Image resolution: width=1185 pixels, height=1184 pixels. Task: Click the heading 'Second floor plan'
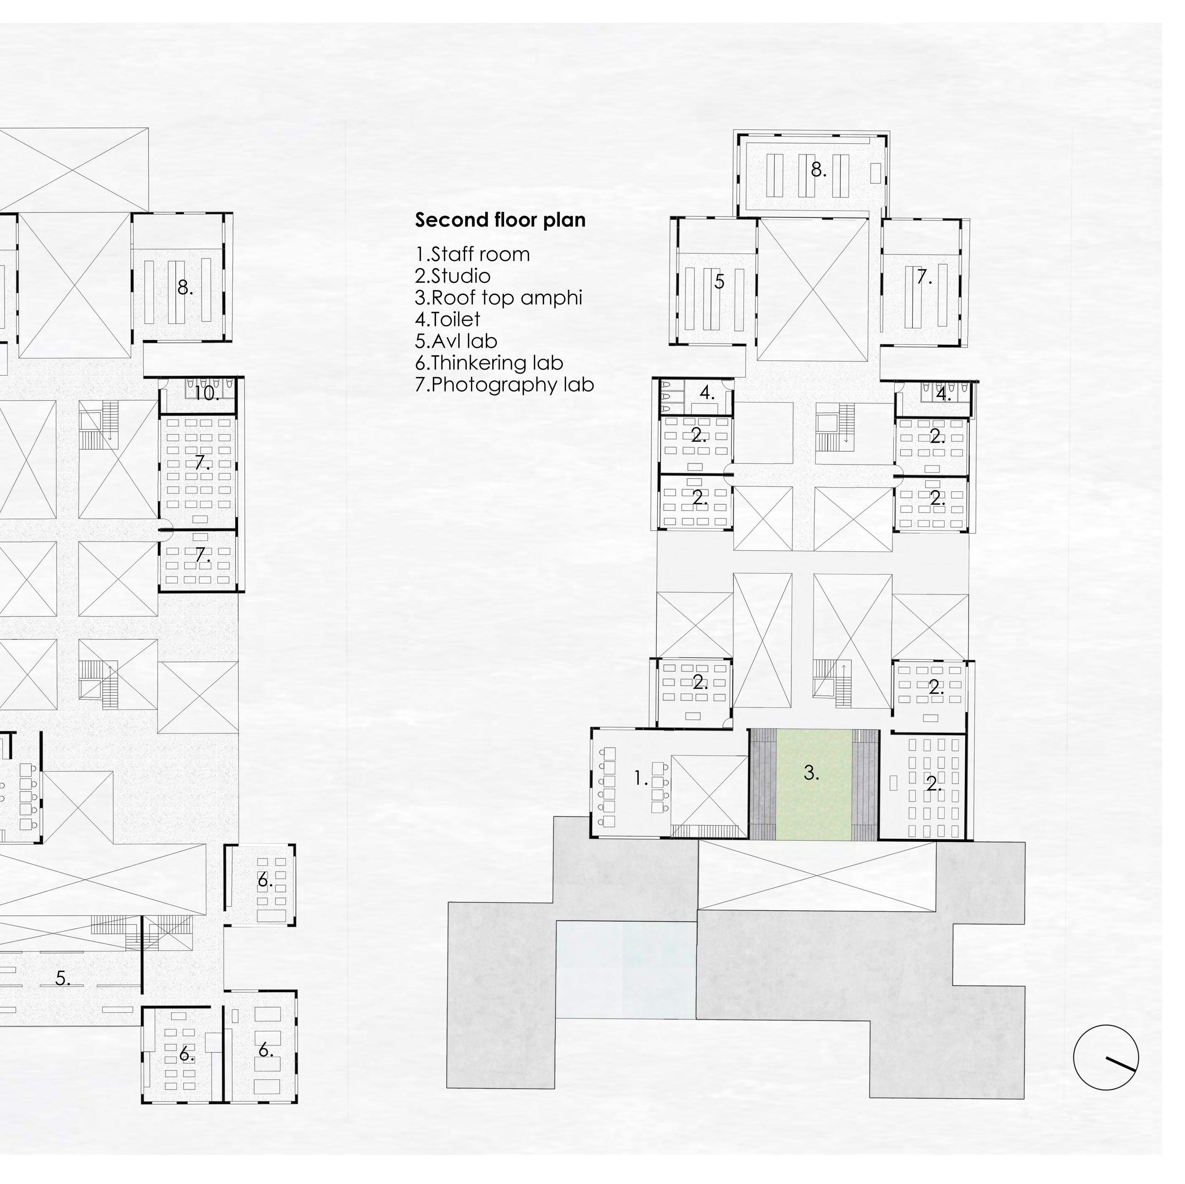coord(500,220)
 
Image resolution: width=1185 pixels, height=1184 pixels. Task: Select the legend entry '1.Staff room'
coord(472,254)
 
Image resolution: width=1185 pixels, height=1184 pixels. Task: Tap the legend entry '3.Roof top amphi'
coord(498,297)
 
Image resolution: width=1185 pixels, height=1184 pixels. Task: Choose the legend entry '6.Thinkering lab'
coord(489,363)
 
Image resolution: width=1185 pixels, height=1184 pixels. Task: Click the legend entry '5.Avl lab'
coord(456,341)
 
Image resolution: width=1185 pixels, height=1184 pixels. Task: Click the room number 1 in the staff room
coord(640,779)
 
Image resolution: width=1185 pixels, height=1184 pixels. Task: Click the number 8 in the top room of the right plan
coord(818,170)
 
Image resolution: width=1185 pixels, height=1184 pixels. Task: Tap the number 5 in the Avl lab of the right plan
coord(720,282)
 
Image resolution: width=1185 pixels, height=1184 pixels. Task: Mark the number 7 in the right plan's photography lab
coord(923,278)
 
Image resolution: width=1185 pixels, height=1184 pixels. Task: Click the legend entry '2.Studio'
coord(453,276)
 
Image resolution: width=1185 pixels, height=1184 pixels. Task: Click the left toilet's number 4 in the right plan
coord(707,393)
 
